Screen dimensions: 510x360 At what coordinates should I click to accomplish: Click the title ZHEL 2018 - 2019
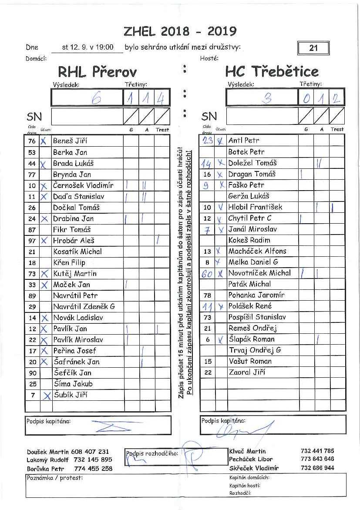click(x=180, y=31)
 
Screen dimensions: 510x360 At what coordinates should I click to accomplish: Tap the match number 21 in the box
click(x=313, y=48)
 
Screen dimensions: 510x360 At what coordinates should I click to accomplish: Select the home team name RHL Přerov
click(x=97, y=71)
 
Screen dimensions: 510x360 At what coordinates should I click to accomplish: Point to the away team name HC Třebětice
click(x=272, y=71)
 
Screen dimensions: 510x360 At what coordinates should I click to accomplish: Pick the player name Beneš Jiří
click(x=70, y=141)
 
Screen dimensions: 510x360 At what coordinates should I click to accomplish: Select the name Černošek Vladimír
click(x=83, y=185)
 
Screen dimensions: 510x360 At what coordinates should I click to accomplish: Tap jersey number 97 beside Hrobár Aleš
click(x=32, y=241)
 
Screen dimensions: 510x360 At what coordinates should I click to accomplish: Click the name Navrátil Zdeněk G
click(x=84, y=306)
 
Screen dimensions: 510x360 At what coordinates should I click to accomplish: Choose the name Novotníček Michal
click(x=259, y=273)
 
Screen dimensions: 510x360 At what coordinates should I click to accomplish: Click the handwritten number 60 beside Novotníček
click(x=208, y=273)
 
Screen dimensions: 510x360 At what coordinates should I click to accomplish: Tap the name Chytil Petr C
click(x=250, y=218)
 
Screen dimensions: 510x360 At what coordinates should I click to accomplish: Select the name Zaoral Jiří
click(x=247, y=372)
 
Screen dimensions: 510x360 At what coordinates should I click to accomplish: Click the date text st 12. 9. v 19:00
click(x=87, y=47)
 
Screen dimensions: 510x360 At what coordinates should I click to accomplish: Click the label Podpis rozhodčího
click(x=152, y=453)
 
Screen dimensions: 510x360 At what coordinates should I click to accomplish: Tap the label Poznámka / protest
click(x=54, y=478)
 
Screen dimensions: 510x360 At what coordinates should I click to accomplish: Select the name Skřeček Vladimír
click(x=254, y=468)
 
